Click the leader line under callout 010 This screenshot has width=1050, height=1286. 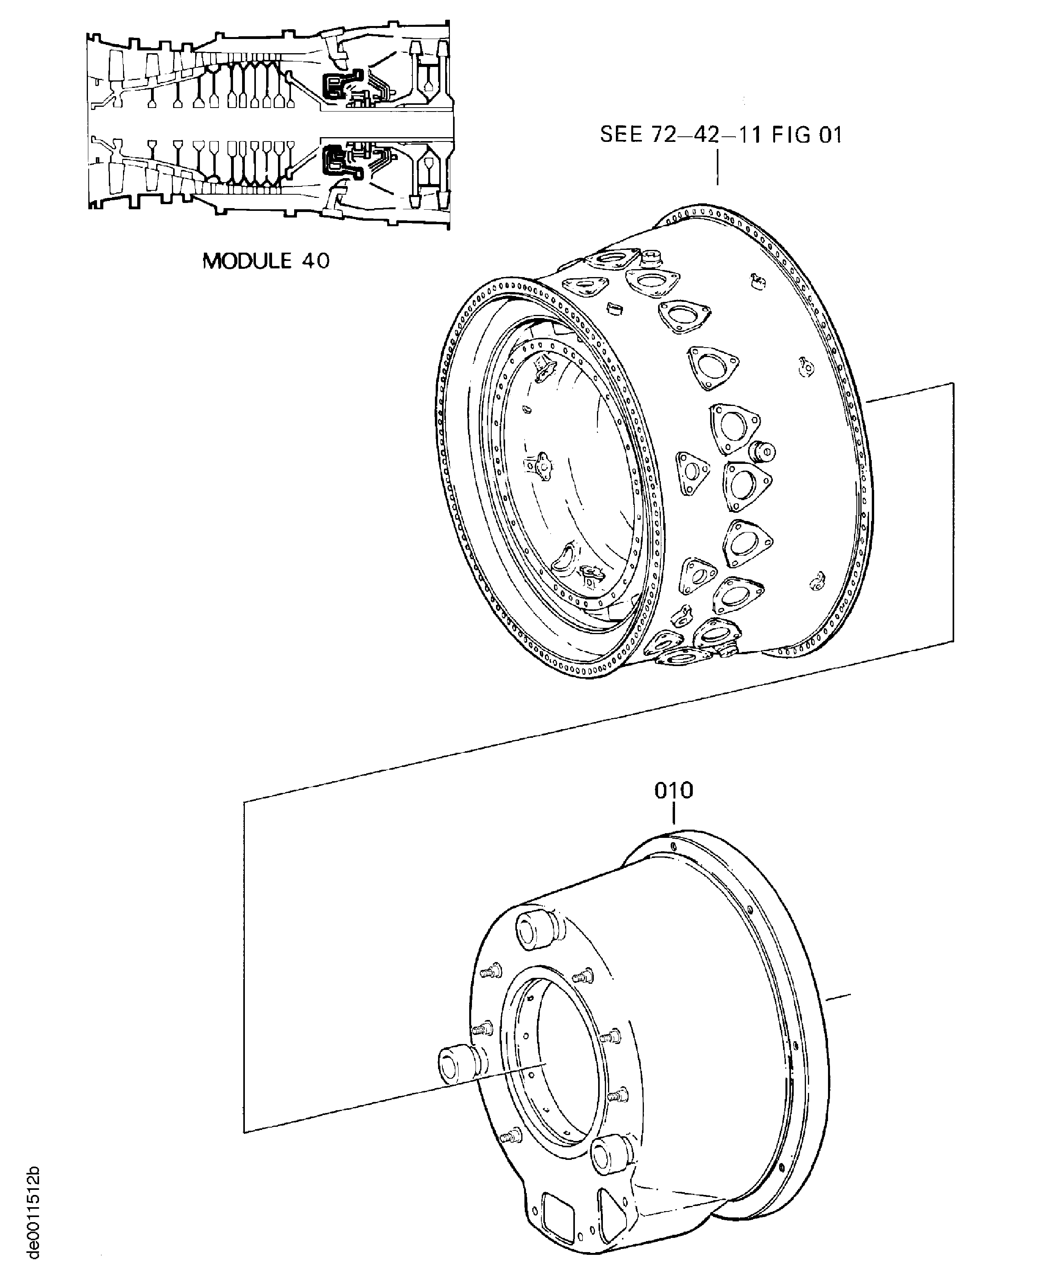(x=673, y=814)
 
